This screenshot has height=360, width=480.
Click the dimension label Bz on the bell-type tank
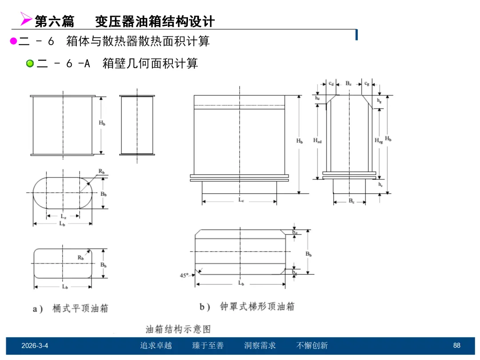tap(348, 83)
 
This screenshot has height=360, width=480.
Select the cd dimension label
tap(332, 83)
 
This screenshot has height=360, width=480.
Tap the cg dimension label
tap(366, 83)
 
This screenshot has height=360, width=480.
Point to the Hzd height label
tap(317, 140)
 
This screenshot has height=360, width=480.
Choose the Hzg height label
tap(378, 140)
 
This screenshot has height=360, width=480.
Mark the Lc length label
tap(240, 200)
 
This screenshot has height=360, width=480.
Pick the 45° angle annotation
tap(184, 276)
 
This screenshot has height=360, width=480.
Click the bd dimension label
tap(295, 232)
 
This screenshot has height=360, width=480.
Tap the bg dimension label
tap(295, 271)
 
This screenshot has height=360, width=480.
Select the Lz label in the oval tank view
tap(64, 216)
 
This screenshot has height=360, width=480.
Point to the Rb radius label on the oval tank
tap(102, 172)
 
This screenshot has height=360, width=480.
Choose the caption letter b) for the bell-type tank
tap(204, 307)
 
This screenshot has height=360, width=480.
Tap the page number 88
tap(456, 346)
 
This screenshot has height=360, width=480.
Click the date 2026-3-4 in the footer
tap(35, 346)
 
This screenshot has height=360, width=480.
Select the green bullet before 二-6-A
tap(30, 64)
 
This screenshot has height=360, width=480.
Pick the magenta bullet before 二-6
tap(13, 41)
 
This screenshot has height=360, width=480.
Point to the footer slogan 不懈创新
tap(312, 346)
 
